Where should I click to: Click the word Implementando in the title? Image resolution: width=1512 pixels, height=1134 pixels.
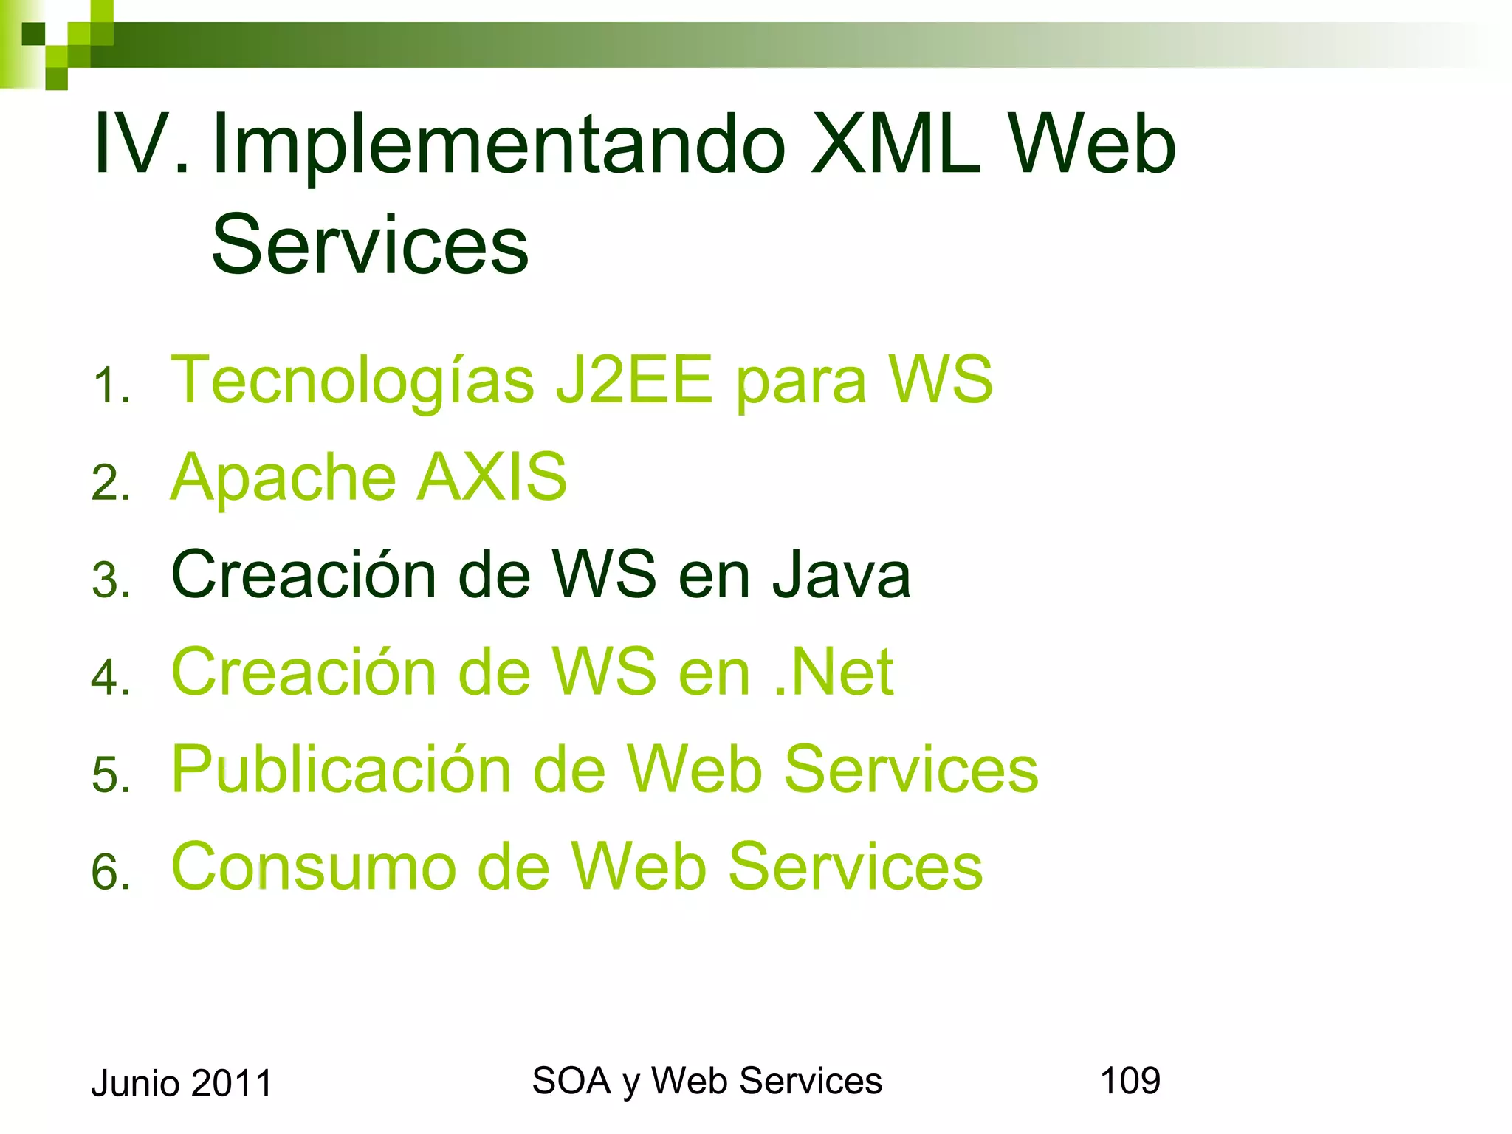(x=499, y=145)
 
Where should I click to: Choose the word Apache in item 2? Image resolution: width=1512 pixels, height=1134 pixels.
(x=283, y=478)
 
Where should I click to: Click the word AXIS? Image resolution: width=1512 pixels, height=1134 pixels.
(x=493, y=477)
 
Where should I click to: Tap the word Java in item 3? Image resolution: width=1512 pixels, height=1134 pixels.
(x=842, y=575)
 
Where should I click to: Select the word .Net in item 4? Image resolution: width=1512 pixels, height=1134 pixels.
(x=834, y=672)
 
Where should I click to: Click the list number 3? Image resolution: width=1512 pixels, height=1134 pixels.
(x=111, y=580)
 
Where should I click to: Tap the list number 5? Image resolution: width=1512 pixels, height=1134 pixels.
(x=111, y=774)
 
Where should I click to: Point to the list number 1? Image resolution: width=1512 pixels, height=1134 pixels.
(x=111, y=385)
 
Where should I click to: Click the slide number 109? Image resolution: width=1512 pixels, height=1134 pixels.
(x=1130, y=1081)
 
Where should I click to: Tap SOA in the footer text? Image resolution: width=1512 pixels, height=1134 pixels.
(x=571, y=1081)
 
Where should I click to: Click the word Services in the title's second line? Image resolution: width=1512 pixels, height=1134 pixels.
(x=370, y=244)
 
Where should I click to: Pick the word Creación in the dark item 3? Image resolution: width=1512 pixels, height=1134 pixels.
(x=303, y=575)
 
